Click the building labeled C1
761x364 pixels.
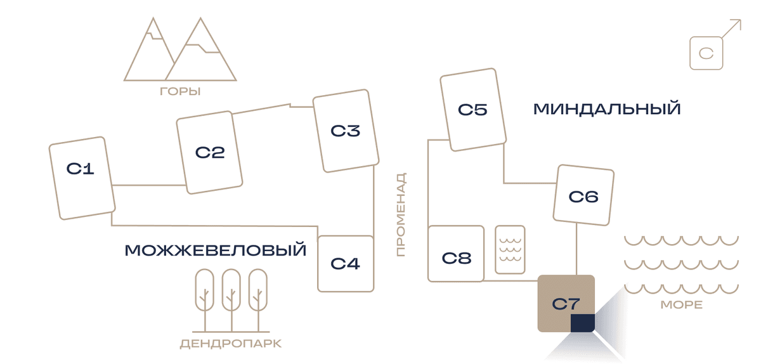82,178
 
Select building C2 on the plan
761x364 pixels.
209,152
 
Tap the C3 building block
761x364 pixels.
346,131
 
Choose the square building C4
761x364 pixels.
346,264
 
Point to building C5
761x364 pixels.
473,110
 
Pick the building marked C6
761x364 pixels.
583,195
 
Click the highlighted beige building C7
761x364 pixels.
566,304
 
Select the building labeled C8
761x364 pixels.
456,254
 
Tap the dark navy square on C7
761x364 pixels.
582,323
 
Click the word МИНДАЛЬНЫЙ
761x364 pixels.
607,109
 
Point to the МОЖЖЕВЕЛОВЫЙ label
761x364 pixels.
216,250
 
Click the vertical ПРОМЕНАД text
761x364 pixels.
401,214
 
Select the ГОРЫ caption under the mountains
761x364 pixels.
180,91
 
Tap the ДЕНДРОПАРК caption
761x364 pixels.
231,344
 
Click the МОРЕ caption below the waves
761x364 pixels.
682,304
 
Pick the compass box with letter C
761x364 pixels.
706,53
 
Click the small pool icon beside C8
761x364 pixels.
510,249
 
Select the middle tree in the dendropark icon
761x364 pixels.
231,300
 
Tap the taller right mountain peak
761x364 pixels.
200,18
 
